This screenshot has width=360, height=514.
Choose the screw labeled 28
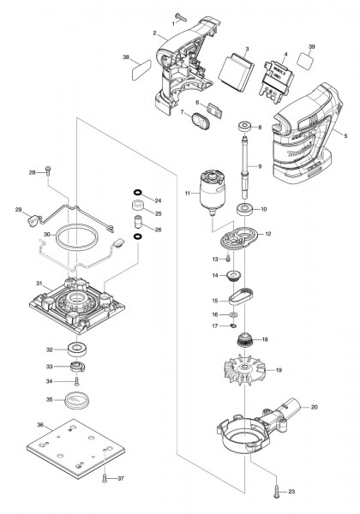(47, 171)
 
